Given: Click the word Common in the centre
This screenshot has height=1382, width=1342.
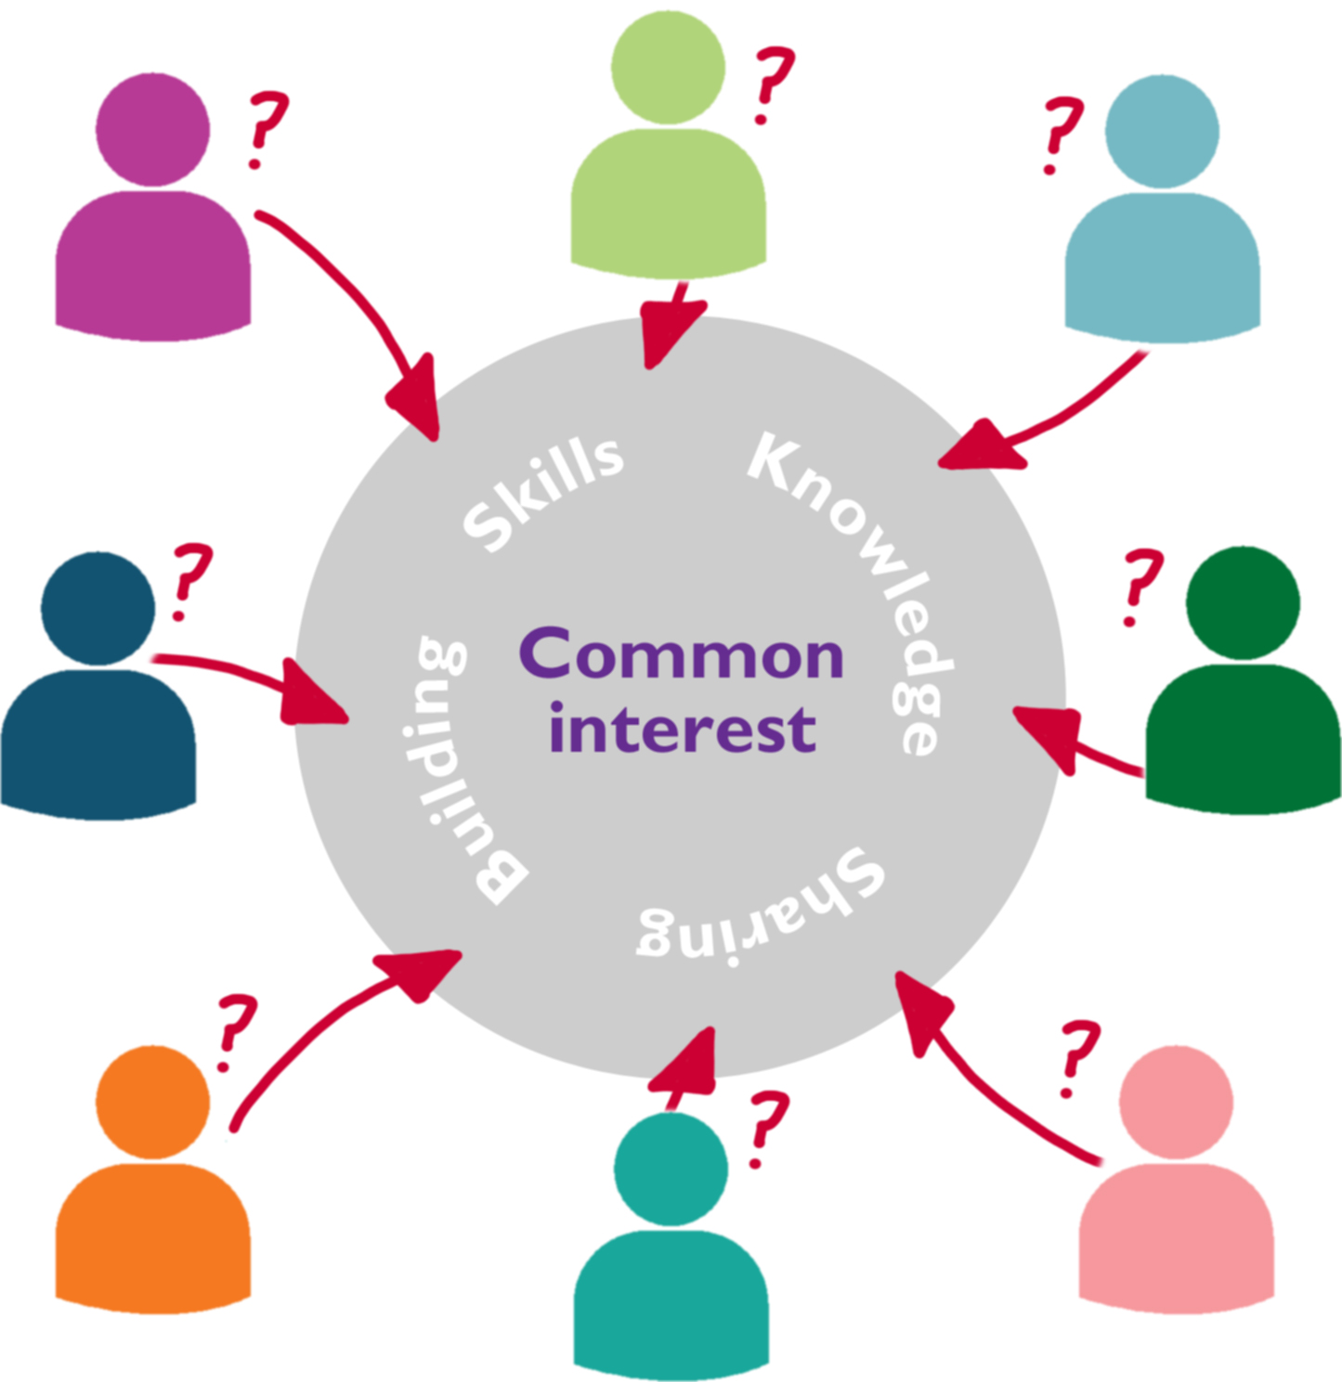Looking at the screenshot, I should pos(681,656).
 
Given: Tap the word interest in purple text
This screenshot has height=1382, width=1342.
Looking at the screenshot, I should pos(683,729).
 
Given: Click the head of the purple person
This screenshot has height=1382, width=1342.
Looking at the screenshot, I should pos(153,130).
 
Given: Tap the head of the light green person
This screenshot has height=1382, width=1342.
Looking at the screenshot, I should pos(669,68).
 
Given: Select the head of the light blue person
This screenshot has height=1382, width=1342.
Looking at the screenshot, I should pos(1162,132).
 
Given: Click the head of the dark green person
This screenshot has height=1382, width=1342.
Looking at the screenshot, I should pos(1243,603).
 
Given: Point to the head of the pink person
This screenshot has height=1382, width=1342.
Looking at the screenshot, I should pos(1176,1102).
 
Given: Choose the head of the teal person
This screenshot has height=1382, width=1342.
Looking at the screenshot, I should pos(671,1169).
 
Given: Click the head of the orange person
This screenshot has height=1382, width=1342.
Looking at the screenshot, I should pos(153,1102).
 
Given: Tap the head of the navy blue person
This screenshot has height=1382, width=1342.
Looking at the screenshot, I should pos(98,609).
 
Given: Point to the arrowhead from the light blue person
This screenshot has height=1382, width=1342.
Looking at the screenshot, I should pos(980,447).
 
